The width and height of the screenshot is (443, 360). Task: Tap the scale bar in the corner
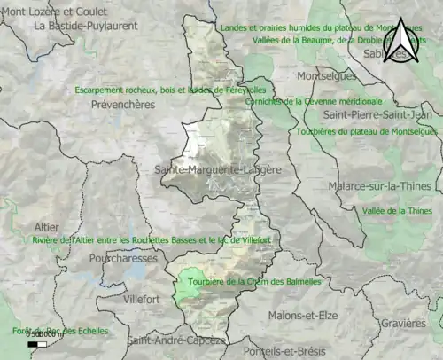coord(37,343)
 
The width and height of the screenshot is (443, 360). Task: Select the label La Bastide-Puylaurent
coord(86,27)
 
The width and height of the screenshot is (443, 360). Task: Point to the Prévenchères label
coord(122,105)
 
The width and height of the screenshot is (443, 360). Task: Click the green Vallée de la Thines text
coord(397,211)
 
